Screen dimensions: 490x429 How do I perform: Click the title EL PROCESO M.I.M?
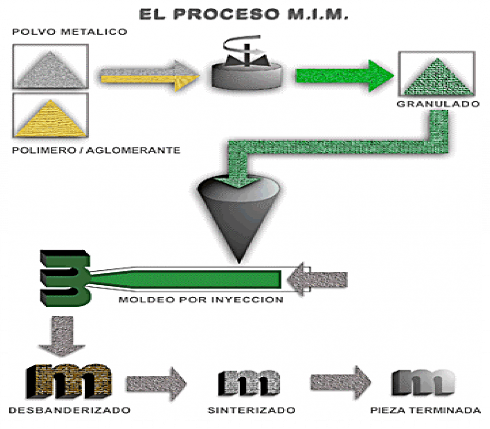tap(244, 14)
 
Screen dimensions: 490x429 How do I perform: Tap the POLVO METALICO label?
tap(69, 32)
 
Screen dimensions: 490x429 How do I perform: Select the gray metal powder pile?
tap(51, 70)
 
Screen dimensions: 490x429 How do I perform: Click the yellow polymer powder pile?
tap(51, 119)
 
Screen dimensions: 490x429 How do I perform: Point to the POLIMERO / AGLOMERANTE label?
tap(96, 150)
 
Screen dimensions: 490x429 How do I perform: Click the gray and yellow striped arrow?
tap(150, 76)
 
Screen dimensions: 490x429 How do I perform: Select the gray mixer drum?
tap(247, 76)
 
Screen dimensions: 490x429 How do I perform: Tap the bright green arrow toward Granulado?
tap(345, 76)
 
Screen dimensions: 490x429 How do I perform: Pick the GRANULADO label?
tap(438, 104)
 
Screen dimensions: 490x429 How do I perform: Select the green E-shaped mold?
tap(65, 278)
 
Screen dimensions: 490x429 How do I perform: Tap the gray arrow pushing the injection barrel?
tap(317, 279)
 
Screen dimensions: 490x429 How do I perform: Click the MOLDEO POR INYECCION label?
tap(200, 300)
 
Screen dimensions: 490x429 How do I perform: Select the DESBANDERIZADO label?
tap(69, 410)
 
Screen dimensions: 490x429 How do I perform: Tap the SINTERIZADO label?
tap(252, 410)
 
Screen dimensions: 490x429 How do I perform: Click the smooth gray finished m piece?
tap(423, 382)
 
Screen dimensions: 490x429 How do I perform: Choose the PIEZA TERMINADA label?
tap(425, 410)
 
